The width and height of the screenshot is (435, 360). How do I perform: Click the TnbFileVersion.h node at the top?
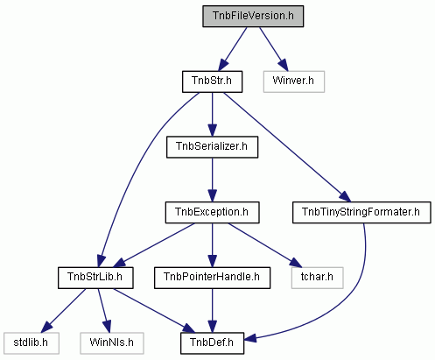point(253,17)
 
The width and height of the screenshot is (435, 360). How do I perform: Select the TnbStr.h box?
point(212,81)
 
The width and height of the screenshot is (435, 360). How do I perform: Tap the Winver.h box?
point(294,81)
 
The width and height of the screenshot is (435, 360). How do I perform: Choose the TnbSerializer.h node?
point(212,147)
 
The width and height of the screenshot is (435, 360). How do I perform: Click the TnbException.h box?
point(212,213)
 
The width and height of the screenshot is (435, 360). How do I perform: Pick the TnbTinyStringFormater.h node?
point(361,213)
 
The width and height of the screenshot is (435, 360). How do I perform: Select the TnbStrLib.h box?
point(95,278)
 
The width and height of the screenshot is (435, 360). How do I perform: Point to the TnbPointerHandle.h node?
point(212,278)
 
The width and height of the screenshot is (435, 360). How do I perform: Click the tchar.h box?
point(317,278)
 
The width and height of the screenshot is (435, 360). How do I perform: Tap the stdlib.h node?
point(32,343)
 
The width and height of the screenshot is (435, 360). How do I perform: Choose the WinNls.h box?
point(112,343)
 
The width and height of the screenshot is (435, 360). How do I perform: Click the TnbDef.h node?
point(212,343)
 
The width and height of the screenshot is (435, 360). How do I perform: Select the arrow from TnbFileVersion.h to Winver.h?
point(274,49)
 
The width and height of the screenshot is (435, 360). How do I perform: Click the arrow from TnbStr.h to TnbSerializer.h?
point(212,115)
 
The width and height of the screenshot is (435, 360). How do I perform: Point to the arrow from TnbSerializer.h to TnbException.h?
point(212,180)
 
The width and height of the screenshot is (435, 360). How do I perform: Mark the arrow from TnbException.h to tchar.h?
point(264,245)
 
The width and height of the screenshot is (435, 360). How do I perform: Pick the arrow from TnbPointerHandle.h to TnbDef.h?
point(212,310)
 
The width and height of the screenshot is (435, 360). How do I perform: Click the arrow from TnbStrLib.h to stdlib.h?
point(63,311)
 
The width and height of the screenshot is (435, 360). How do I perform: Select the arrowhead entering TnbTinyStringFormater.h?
point(345,196)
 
